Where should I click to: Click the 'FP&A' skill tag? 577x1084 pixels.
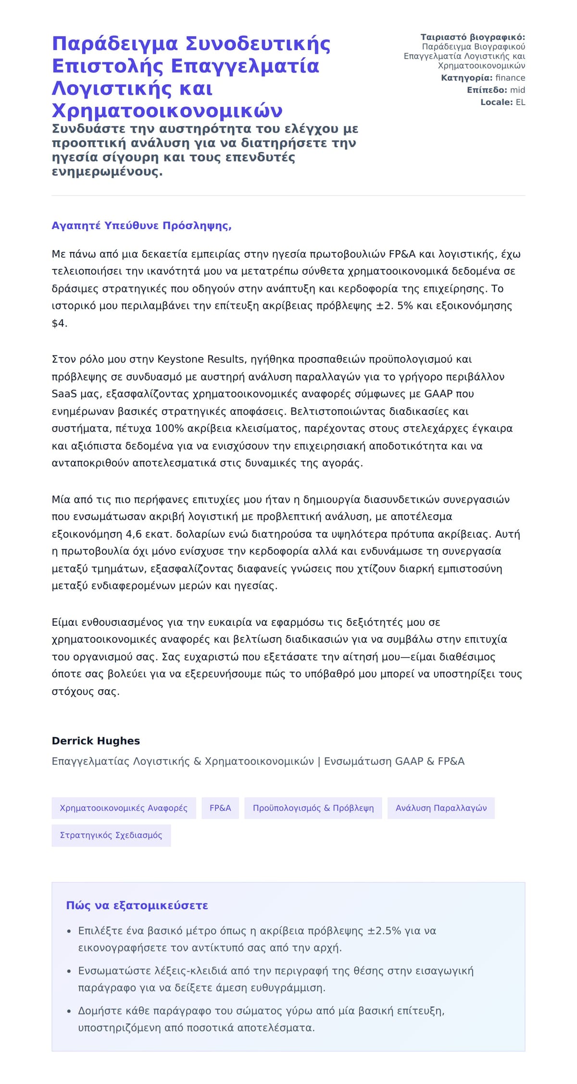click(220, 808)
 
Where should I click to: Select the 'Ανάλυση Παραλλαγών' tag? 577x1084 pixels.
click(441, 808)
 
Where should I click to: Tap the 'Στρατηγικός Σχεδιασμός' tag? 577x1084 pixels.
click(111, 835)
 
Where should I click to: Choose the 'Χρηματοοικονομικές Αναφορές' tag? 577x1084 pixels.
click(124, 808)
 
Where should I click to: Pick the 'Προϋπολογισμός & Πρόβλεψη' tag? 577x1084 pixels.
click(313, 808)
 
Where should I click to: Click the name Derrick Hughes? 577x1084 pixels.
click(96, 741)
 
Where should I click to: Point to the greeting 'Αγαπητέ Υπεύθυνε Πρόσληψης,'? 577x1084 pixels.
click(141, 226)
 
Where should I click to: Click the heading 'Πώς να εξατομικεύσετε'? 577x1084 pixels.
click(137, 905)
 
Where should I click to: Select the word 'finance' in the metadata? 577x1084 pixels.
click(510, 78)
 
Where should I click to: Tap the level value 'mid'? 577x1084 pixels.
click(517, 90)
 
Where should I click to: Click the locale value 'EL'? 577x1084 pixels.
click(520, 102)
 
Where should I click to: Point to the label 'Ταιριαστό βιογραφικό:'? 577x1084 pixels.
click(473, 37)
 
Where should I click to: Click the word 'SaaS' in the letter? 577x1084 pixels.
click(64, 394)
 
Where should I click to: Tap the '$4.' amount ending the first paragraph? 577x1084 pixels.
click(60, 323)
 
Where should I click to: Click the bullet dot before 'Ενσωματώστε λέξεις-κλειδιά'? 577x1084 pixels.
click(69, 971)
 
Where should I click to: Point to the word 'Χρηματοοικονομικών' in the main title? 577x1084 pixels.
click(167, 111)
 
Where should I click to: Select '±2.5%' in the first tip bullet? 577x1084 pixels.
click(384, 931)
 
